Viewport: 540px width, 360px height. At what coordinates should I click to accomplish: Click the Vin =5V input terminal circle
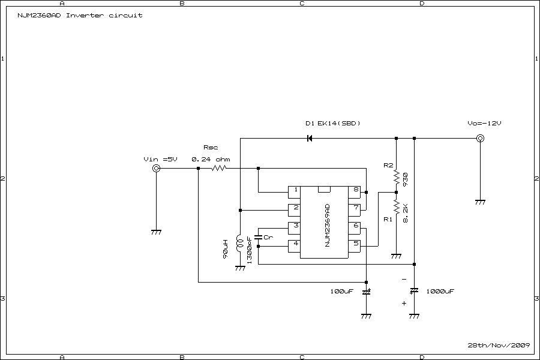point(157,169)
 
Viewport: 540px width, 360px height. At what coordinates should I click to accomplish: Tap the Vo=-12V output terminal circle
point(480,139)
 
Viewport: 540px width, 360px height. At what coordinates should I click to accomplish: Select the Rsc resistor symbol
point(218,169)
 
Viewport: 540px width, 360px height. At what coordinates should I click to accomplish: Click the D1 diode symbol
point(310,139)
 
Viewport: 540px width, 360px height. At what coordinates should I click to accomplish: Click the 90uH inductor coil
point(239,243)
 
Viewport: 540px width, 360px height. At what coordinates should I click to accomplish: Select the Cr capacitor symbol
point(258,238)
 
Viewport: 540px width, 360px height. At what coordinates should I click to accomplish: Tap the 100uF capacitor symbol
point(366,292)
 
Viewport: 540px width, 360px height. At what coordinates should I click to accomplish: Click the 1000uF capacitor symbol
point(414,291)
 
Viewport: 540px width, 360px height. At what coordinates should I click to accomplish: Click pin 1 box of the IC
point(295,191)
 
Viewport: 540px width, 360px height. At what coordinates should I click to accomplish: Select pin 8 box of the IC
point(355,191)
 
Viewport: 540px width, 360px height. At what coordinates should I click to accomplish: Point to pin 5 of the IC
point(355,244)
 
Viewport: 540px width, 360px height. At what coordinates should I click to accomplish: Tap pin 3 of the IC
point(295,226)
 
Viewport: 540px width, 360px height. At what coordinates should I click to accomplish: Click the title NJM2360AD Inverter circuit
point(76,15)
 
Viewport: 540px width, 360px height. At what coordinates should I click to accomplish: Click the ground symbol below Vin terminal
point(157,232)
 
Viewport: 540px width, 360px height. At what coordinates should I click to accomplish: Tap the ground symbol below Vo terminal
point(480,202)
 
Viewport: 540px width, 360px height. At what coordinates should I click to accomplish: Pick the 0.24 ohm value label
point(211,159)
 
